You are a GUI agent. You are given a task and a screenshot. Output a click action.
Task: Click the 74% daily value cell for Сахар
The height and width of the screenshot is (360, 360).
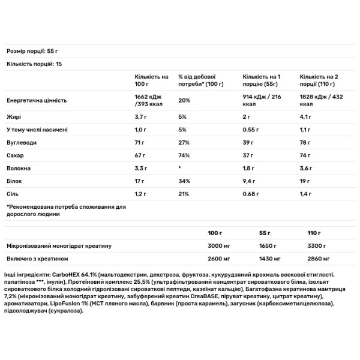(x=184, y=156)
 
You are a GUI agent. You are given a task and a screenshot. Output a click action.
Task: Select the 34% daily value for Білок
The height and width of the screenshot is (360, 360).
(x=184, y=182)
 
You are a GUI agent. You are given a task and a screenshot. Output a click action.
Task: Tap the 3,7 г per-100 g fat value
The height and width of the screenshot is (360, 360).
(x=142, y=118)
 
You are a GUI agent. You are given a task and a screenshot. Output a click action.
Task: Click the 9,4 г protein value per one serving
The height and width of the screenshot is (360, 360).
(x=248, y=182)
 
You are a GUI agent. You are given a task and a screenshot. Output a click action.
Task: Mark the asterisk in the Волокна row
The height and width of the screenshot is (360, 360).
(x=180, y=169)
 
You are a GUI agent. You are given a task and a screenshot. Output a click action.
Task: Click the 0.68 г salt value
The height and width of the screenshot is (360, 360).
(x=251, y=194)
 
